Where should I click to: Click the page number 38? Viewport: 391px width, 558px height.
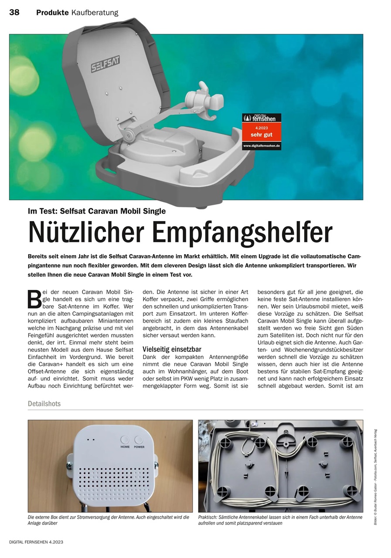point(14,13)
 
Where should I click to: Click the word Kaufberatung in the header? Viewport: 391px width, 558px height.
point(95,13)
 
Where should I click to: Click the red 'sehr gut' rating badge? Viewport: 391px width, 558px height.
point(262,132)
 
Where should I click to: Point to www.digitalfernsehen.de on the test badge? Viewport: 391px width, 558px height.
point(262,145)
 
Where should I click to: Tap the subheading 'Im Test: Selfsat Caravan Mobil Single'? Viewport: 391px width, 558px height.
point(97,211)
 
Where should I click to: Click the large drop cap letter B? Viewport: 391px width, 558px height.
point(34,299)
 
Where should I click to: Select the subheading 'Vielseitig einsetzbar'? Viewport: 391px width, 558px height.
point(172,349)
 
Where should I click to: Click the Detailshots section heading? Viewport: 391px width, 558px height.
point(44,404)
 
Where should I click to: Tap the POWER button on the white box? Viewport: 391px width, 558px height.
point(139,440)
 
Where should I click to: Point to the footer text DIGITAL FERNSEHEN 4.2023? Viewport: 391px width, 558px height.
point(36,542)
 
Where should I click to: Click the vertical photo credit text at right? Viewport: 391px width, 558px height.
point(376,477)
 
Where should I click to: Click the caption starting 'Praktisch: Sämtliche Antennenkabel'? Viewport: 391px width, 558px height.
point(280,520)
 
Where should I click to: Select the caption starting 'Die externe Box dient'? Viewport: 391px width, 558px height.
point(108,520)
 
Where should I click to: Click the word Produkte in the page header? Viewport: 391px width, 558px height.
point(52,13)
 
